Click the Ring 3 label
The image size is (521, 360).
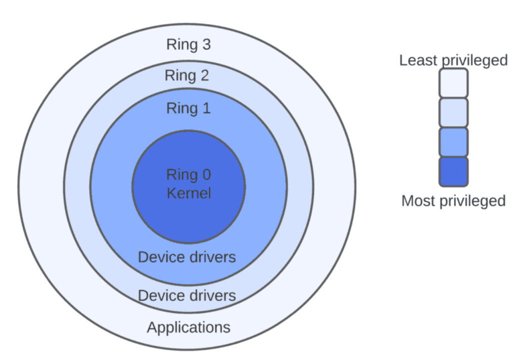(x=188, y=44)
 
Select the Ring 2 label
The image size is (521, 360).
(x=187, y=76)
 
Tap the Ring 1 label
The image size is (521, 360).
(x=188, y=108)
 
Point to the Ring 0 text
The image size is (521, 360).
(x=188, y=174)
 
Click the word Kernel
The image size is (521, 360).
(x=188, y=192)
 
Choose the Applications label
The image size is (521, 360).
(x=188, y=327)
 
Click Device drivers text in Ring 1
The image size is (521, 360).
(x=186, y=257)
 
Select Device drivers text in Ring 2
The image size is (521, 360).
(x=186, y=295)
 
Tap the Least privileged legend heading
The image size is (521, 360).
(x=453, y=60)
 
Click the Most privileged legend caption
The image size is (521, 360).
(x=453, y=201)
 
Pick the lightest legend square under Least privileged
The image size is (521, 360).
(x=453, y=83)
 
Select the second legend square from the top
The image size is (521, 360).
(x=453, y=112)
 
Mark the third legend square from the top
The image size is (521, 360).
(x=453, y=142)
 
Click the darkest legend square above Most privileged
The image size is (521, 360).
(x=453, y=171)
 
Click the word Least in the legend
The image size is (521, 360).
(x=418, y=60)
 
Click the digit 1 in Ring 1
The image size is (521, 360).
(x=205, y=108)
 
